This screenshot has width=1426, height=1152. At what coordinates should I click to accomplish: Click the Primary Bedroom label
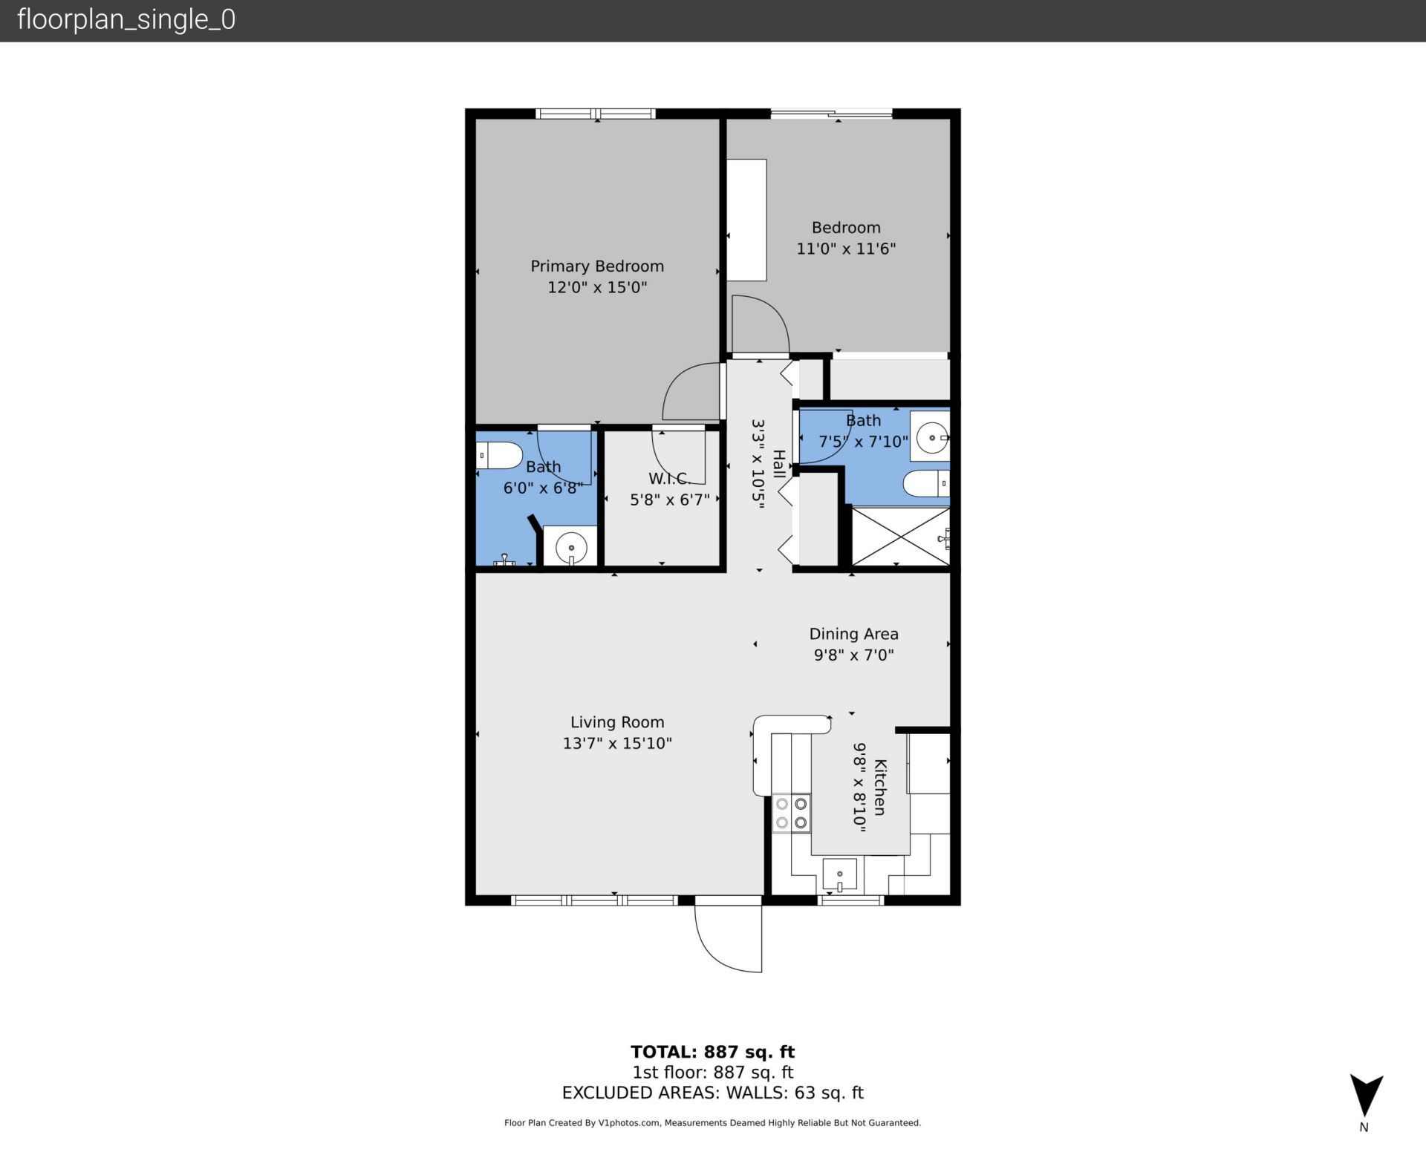pyautogui.click(x=596, y=266)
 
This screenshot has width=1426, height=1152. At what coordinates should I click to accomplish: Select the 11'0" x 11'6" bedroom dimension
pyautogui.click(x=846, y=249)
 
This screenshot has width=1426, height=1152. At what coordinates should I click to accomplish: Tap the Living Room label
pyautogui.click(x=616, y=721)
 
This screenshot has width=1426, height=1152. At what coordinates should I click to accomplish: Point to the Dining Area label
pyautogui.click(x=853, y=633)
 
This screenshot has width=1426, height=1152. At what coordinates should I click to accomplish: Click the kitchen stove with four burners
pyautogui.click(x=791, y=813)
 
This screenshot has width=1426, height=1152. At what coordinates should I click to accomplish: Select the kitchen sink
pyautogui.click(x=839, y=875)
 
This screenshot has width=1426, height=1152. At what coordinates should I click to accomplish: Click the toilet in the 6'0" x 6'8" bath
pyautogui.click(x=498, y=455)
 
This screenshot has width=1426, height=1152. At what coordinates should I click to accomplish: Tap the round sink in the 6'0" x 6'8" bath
pyautogui.click(x=570, y=548)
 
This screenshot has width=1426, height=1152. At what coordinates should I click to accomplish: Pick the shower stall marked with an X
pyautogui.click(x=899, y=536)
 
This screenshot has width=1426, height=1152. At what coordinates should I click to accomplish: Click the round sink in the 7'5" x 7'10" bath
pyautogui.click(x=931, y=438)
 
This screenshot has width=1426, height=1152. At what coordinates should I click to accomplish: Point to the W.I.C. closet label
pyautogui.click(x=668, y=479)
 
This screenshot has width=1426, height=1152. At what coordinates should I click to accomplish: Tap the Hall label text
pyautogui.click(x=778, y=464)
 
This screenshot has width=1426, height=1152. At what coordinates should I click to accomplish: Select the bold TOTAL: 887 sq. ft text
pyautogui.click(x=712, y=1052)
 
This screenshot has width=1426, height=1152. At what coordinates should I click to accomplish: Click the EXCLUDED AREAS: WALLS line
pyautogui.click(x=712, y=1093)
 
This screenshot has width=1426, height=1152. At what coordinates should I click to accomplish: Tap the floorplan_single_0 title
pyautogui.click(x=126, y=19)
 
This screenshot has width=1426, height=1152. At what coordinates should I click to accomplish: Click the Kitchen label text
pyautogui.click(x=879, y=787)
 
